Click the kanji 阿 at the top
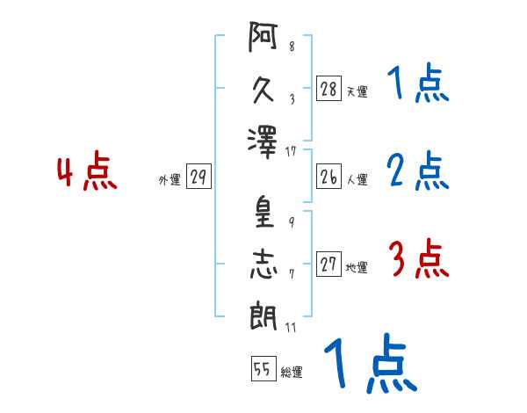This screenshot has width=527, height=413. point(263,36)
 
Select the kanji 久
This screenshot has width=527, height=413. point(263,91)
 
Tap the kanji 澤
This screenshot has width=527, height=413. point(262,142)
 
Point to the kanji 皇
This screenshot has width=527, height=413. point(264,212)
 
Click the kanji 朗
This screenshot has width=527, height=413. point(263,315)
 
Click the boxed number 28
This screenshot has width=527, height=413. point(328,88)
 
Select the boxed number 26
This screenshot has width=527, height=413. point(328,177)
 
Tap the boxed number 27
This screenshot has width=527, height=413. point(328,264)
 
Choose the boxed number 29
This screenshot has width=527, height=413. point(199,177)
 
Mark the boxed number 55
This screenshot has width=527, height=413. point(263,368)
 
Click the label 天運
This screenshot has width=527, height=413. point(357,91)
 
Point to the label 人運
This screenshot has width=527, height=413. point(357,179)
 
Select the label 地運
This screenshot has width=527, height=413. point(357,268)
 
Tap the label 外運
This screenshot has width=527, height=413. point(170,180)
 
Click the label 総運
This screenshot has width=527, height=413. point(292,372)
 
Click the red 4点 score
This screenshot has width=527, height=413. point(87,170)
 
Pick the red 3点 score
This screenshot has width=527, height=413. point(418,258)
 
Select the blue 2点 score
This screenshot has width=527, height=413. point(418,170)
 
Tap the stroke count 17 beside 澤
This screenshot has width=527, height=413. point(291,151)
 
